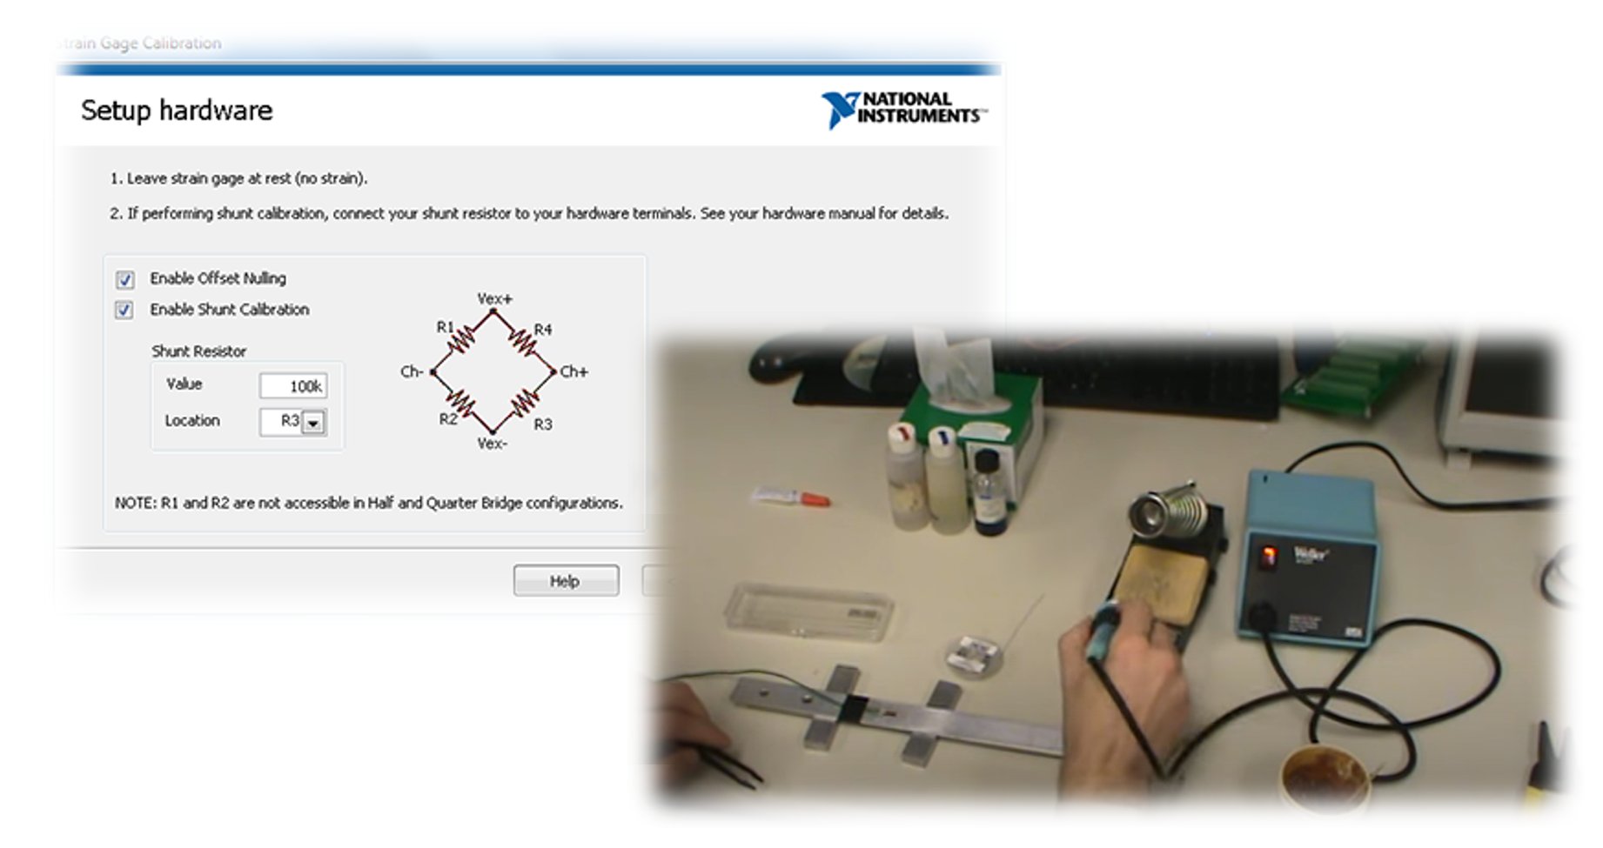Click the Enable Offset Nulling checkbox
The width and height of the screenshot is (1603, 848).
pos(124,279)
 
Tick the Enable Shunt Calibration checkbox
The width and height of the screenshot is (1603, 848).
pos(124,310)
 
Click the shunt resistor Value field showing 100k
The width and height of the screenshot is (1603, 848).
pos(293,386)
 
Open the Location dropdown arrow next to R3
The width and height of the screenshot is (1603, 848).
pos(313,423)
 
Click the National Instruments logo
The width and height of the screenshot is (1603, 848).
pos(903,110)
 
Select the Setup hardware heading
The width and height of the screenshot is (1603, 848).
pos(177,110)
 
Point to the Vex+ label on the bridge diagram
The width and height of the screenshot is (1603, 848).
pos(494,299)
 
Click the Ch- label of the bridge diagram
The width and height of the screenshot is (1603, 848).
pos(411,372)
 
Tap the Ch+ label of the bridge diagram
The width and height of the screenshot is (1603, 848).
pos(574,372)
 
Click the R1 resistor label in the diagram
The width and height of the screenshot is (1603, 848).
pos(445,327)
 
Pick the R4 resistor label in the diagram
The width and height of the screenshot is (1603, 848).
pos(543,330)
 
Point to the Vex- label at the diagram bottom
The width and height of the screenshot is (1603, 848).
pos(492,444)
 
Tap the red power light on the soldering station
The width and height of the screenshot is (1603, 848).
pos(1270,555)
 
